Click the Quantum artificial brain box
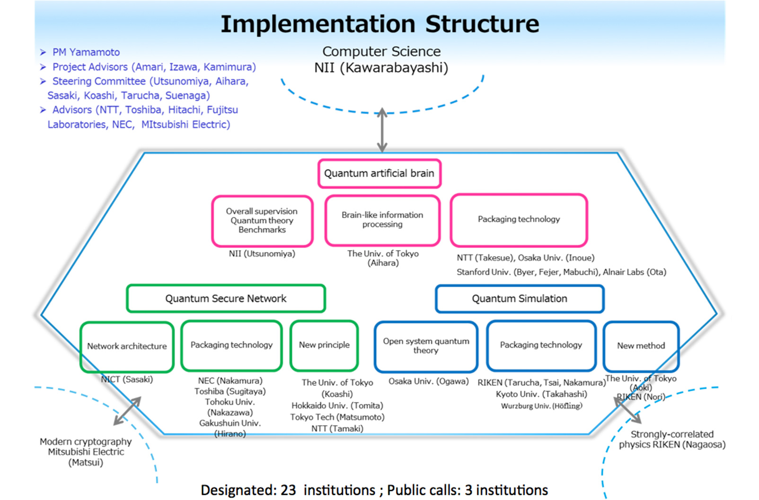tap(379, 174)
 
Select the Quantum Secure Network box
tap(226, 298)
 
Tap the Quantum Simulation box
tap(520, 299)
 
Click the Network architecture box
tap(127, 347)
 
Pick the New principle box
tap(324, 346)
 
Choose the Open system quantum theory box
tap(426, 347)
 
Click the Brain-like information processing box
tap(382, 220)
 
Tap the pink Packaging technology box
tap(519, 220)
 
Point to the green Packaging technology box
tap(231, 346)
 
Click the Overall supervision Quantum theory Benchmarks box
tap(262, 221)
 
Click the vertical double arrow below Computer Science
tap(382, 130)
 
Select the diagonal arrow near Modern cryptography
tap(127, 411)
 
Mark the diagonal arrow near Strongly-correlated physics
tap(627, 410)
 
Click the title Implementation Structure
tap(380, 24)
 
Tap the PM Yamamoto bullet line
tap(80, 52)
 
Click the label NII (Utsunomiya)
tap(262, 254)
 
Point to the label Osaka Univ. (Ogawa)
tap(429, 381)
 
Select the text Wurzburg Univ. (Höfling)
tap(541, 406)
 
